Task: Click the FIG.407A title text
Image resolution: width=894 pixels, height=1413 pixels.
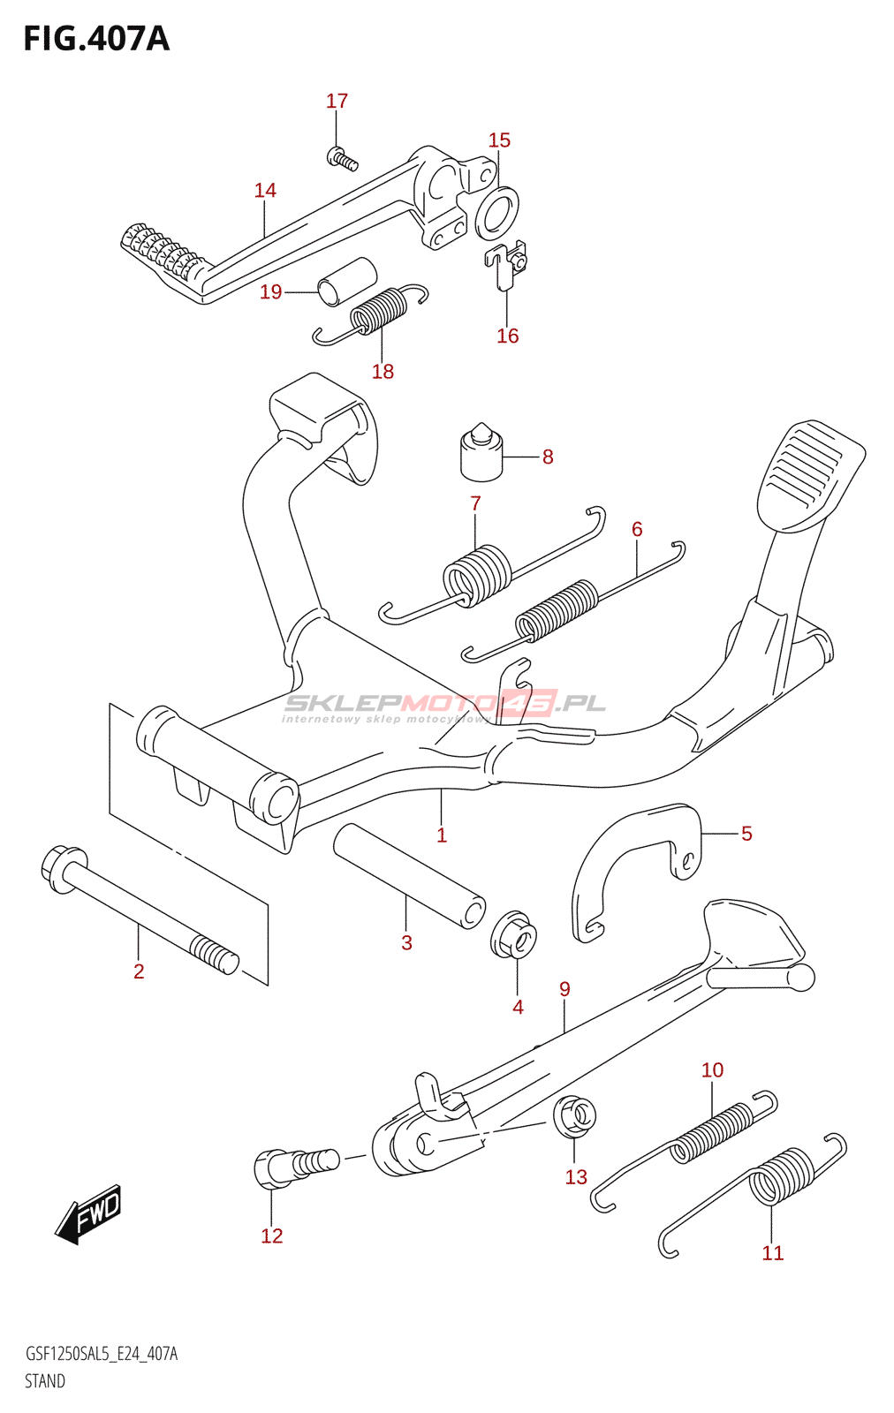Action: pyautogui.click(x=95, y=39)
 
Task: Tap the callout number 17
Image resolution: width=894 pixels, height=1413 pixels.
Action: pyautogui.click(x=337, y=102)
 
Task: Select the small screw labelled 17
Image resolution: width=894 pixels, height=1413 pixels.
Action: pyautogui.click(x=342, y=160)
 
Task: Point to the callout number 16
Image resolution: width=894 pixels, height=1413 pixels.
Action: pyautogui.click(x=507, y=336)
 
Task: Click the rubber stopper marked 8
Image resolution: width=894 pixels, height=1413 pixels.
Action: pyautogui.click(x=481, y=454)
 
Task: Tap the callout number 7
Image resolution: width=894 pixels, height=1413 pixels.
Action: pyautogui.click(x=475, y=503)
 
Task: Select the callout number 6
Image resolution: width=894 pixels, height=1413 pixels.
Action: pyautogui.click(x=637, y=530)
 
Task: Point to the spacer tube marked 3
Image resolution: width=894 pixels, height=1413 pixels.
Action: pyautogui.click(x=408, y=874)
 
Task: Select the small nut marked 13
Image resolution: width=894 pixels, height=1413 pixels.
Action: pyautogui.click(x=574, y=1115)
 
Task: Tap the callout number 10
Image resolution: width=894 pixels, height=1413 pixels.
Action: pyautogui.click(x=712, y=1070)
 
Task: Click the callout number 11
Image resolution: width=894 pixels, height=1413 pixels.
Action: pyautogui.click(x=772, y=1253)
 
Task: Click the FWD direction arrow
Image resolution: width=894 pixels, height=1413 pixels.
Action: pyautogui.click(x=88, y=1214)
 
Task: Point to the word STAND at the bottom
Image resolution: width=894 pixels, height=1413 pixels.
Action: pyautogui.click(x=44, y=1381)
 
